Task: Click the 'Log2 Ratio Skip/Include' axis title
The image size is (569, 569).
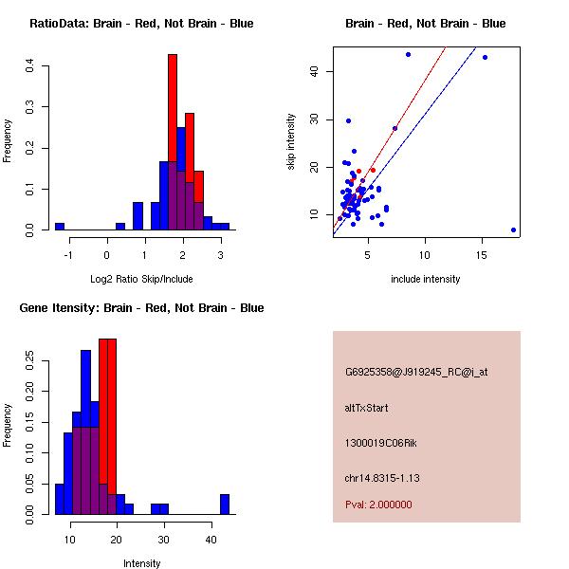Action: click(x=141, y=279)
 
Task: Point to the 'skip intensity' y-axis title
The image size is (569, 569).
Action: click(x=292, y=141)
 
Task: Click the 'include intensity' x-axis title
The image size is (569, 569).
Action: click(x=425, y=279)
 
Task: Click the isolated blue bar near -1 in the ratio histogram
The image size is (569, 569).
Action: click(x=60, y=227)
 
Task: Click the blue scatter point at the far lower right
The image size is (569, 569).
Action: click(x=513, y=229)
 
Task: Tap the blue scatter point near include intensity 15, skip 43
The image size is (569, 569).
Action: click(x=485, y=57)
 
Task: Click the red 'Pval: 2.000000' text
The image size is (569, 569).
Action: click(x=378, y=505)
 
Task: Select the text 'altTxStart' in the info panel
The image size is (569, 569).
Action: click(x=366, y=408)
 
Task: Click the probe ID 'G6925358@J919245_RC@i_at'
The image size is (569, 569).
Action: click(x=416, y=373)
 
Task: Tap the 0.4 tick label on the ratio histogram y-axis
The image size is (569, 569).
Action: click(x=30, y=65)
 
